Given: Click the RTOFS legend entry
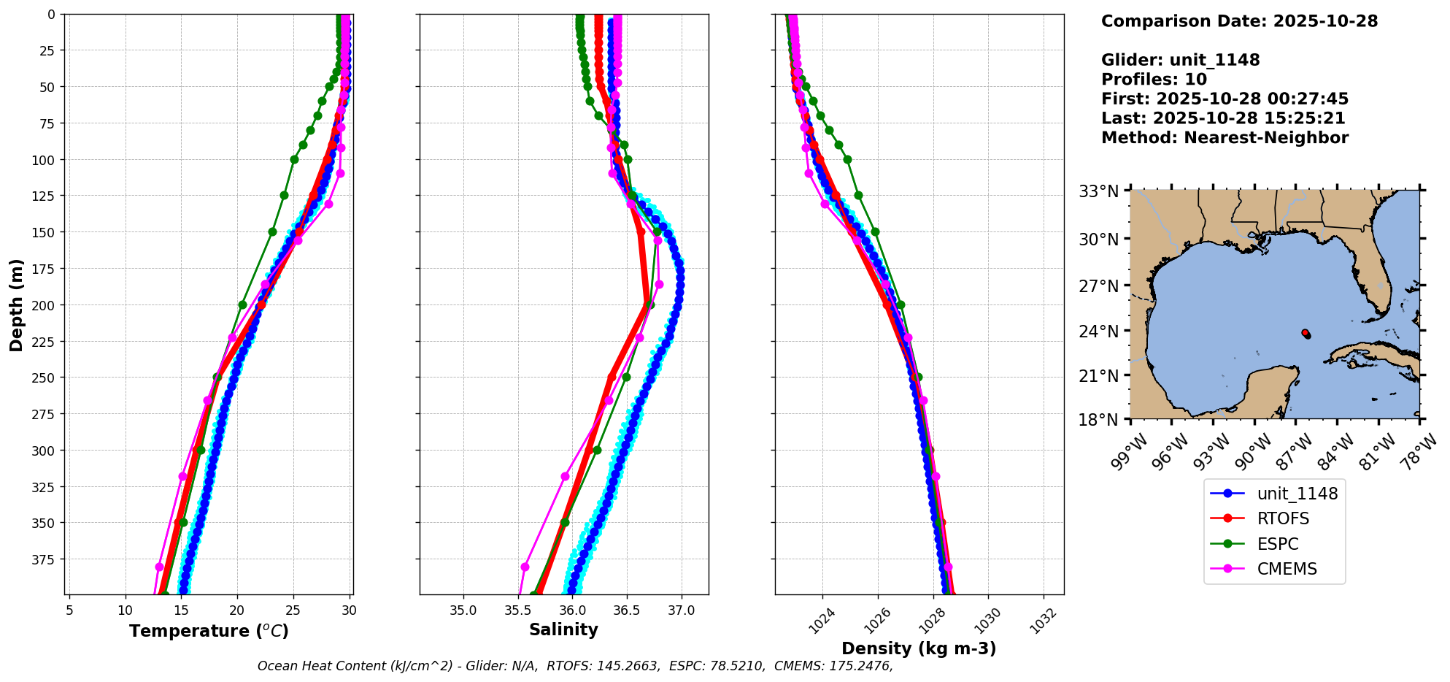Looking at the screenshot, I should [1282, 518].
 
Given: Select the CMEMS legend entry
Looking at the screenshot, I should [1287, 569].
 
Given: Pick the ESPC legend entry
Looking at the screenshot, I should [1277, 544].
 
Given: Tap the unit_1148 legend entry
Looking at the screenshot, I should [1297, 494].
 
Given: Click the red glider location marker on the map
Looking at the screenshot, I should [1305, 333].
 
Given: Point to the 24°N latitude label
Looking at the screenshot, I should [1098, 332].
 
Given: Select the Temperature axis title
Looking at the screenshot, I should [209, 631].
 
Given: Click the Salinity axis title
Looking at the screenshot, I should [563, 629].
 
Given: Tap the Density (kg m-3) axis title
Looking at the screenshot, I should [919, 648].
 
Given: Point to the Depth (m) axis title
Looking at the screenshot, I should [16, 304].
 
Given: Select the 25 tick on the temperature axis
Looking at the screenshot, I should [293, 610].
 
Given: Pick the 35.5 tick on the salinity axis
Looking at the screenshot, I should [517, 610].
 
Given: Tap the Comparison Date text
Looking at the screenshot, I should [1239, 21].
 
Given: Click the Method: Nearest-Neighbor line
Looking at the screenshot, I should [1225, 137].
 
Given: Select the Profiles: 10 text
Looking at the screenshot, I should [1154, 79].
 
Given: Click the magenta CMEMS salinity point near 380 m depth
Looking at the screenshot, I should [525, 567].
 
